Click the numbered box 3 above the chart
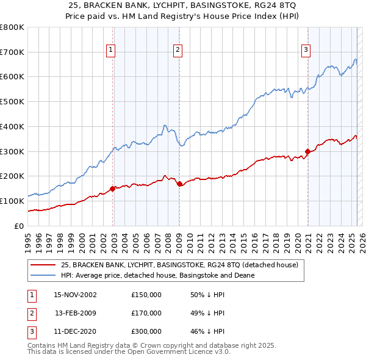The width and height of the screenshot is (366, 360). (306, 51)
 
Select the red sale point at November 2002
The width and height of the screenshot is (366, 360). (113, 189)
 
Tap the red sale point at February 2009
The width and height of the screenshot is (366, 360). (179, 183)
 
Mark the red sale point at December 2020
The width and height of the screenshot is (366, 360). (307, 151)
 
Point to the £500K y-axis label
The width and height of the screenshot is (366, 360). (12, 102)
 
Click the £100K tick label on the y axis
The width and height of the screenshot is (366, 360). (12, 201)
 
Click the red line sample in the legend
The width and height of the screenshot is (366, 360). (43, 265)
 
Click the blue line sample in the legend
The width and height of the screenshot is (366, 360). (43, 275)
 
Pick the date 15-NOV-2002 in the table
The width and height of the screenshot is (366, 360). (75, 295)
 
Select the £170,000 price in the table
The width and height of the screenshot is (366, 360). (146, 313)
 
